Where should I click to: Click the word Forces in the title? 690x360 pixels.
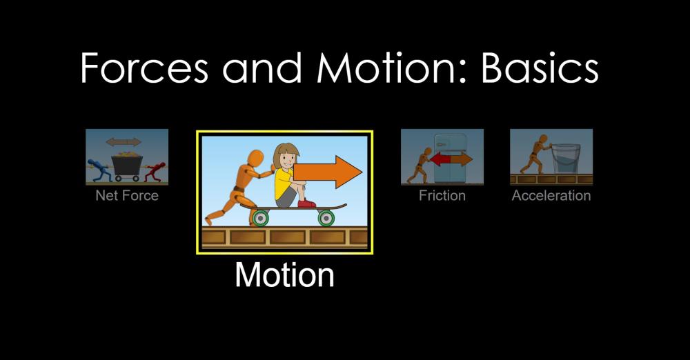[144, 68]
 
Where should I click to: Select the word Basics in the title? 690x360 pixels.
[540, 68]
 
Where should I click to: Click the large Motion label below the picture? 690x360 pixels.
[285, 274]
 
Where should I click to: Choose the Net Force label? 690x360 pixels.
[127, 195]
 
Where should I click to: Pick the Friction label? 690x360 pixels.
[442, 195]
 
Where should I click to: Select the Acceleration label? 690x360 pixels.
[551, 195]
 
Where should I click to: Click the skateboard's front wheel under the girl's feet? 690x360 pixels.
[326, 217]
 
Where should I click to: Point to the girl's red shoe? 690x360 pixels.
[306, 203]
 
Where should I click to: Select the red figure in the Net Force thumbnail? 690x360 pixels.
[155, 171]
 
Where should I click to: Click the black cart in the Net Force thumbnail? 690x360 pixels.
[127, 166]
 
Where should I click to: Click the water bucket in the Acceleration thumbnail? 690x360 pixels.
[566, 159]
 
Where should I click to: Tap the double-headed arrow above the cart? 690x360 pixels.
[124, 142]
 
